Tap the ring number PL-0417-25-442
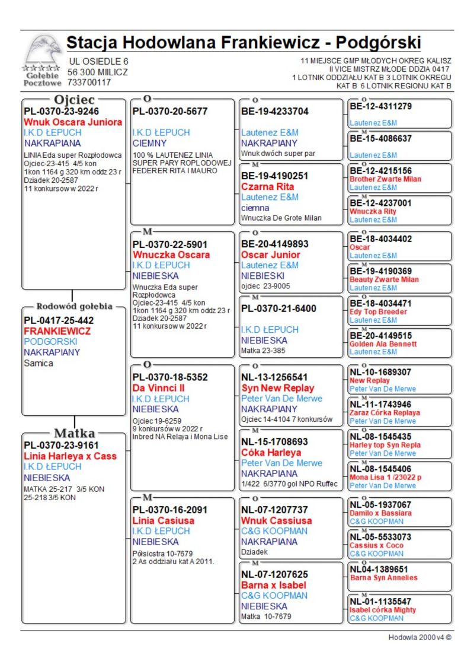[x=59, y=320]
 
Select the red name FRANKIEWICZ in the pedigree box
[x=57, y=331]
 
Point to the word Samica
[x=39, y=363]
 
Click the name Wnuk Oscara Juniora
[x=69, y=122]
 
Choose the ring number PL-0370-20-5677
[x=170, y=111]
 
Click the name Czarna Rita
[x=267, y=186]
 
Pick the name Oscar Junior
[x=271, y=255]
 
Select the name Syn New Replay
[x=278, y=388]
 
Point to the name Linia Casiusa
[x=164, y=520]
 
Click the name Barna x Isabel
[x=274, y=585]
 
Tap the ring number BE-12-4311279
[x=381, y=107]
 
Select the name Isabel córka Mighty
[x=383, y=610]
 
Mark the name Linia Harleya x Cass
[x=71, y=456]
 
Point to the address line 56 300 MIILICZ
[x=98, y=72]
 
